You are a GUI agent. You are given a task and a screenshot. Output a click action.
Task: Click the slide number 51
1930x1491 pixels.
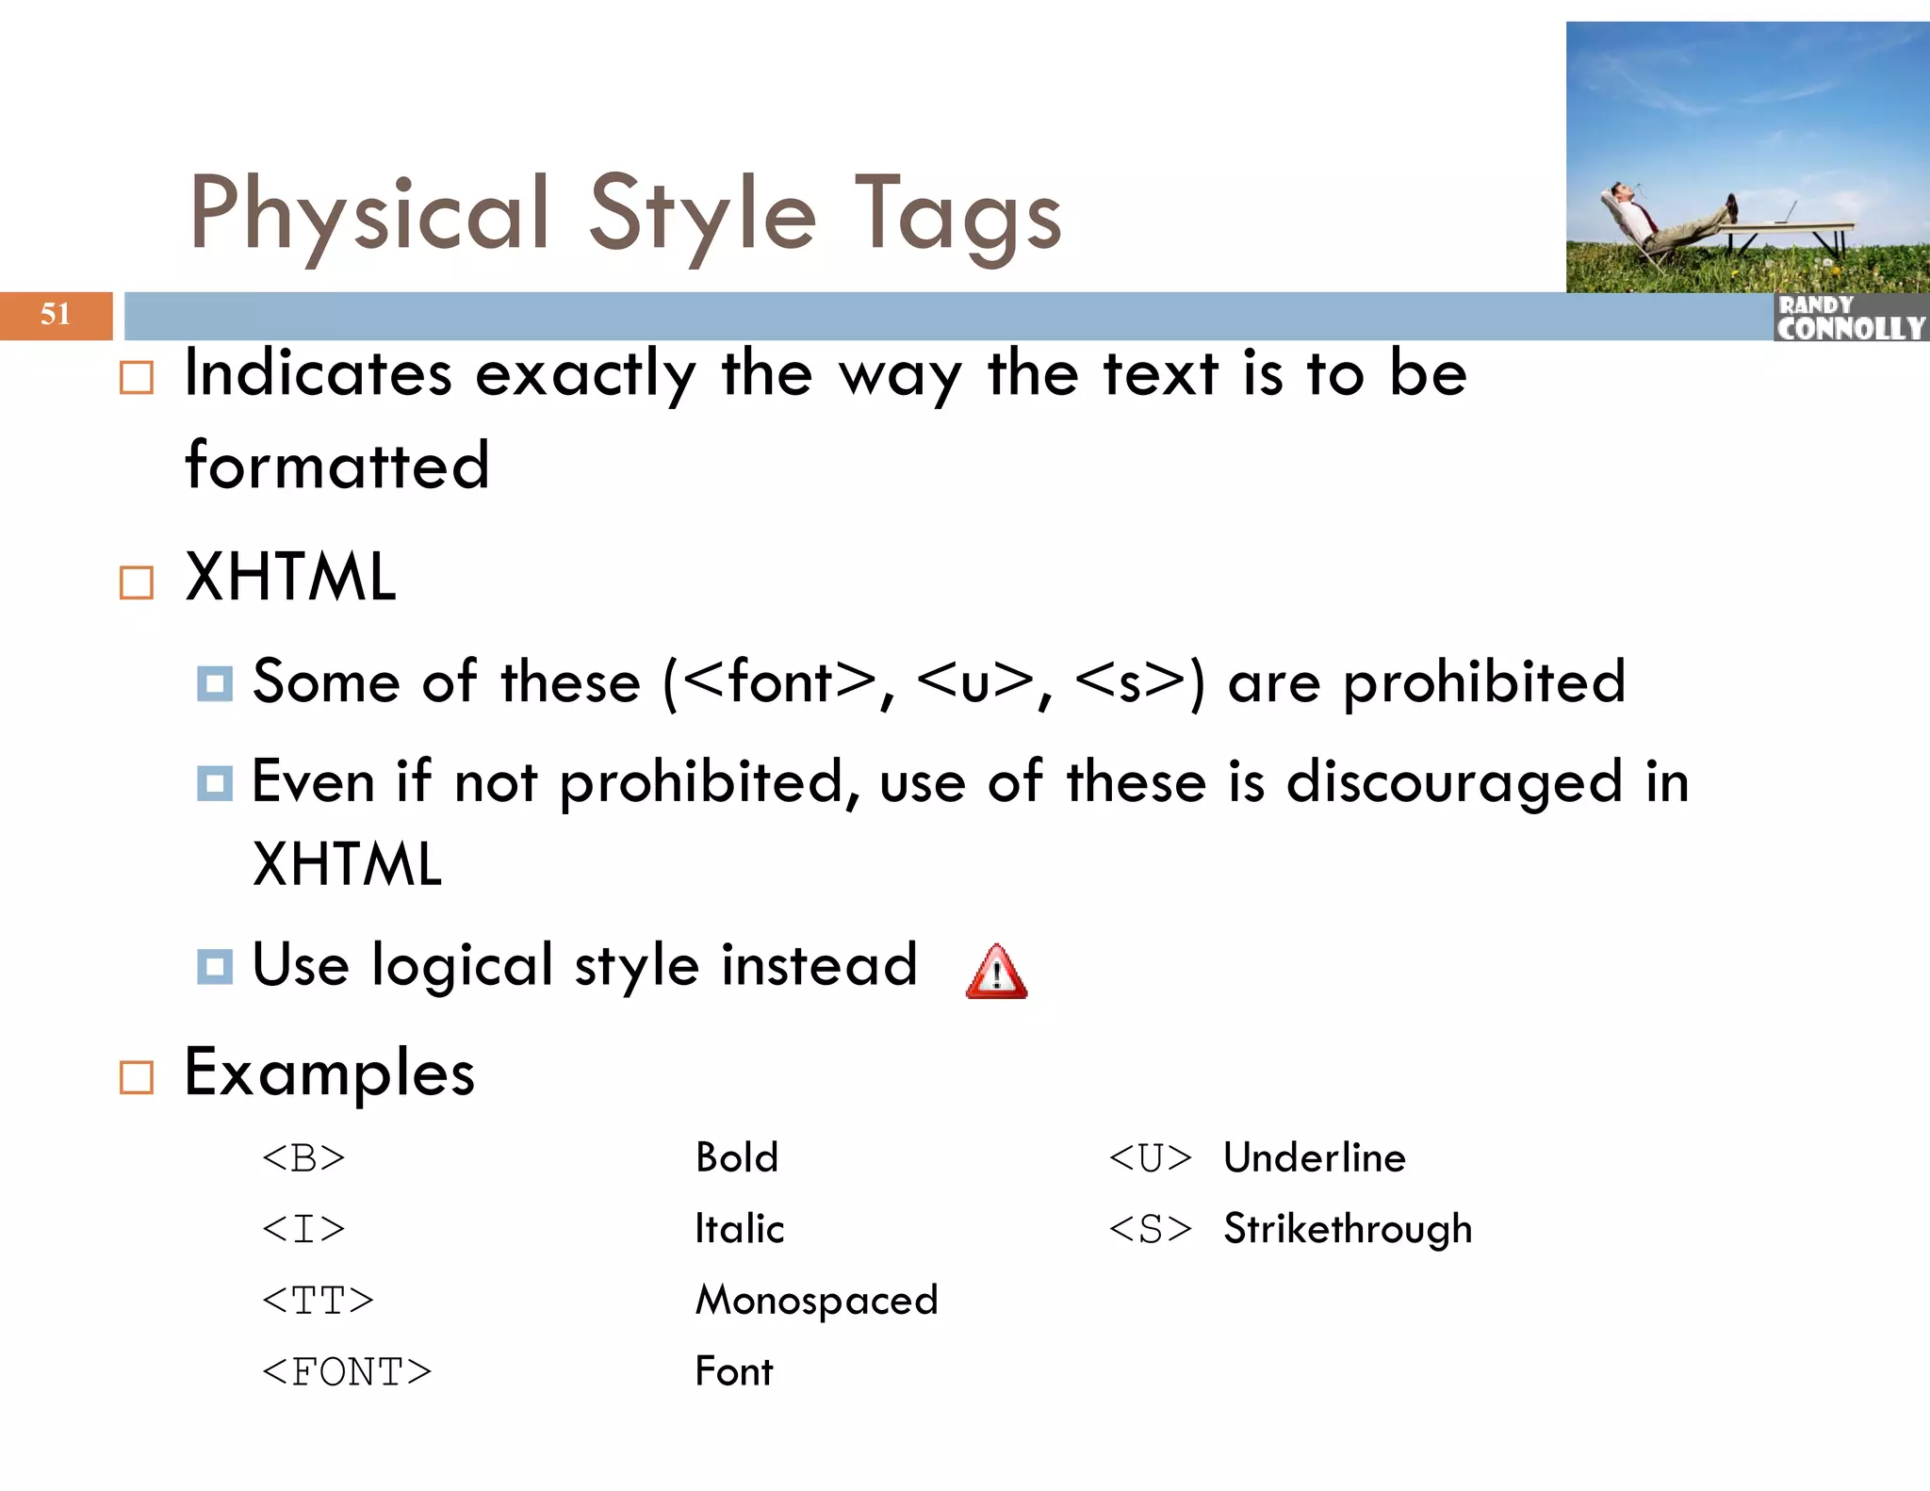click(56, 314)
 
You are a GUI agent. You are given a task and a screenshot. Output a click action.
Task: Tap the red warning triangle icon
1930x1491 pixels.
click(996, 972)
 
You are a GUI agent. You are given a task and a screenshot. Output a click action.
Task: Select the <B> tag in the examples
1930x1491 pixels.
click(303, 1158)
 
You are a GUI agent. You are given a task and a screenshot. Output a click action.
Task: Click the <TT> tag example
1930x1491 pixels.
click(318, 1302)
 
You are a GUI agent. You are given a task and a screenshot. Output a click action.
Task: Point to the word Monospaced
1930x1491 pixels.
click(816, 1302)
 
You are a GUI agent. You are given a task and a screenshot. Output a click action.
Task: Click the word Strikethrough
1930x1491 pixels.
click(1347, 1230)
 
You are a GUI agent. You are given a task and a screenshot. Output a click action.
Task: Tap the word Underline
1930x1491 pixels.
click(1314, 1158)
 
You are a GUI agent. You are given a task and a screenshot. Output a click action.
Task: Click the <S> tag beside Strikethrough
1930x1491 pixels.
click(1150, 1230)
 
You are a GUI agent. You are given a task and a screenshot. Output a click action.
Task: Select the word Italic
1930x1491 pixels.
click(739, 1230)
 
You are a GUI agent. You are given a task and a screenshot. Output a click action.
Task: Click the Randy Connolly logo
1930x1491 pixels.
click(1850, 318)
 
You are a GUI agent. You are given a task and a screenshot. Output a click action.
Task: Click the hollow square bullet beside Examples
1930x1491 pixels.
click(137, 1077)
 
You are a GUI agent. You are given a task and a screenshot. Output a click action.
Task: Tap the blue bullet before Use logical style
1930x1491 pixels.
click(215, 967)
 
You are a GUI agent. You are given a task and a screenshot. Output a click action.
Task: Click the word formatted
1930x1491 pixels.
click(337, 466)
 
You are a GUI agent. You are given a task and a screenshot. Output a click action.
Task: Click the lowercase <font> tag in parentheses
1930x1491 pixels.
click(778, 682)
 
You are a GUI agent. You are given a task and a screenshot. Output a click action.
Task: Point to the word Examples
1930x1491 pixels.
click(329, 1073)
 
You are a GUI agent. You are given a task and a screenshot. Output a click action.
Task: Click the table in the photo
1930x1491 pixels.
click(1791, 229)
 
